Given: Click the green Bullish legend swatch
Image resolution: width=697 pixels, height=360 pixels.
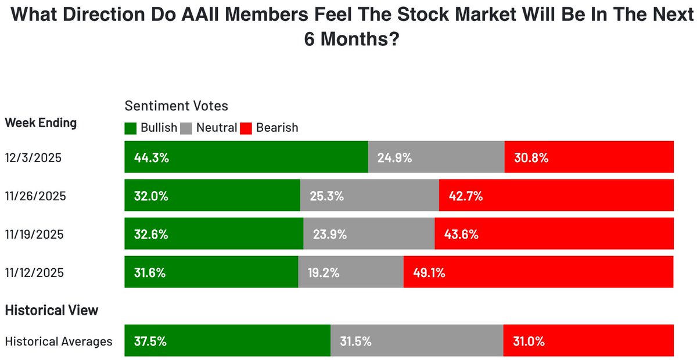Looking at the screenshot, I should [131, 128].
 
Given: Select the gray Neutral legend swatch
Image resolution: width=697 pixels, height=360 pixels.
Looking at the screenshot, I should [187, 128].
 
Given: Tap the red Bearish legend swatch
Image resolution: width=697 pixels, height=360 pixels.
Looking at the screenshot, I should [246, 128].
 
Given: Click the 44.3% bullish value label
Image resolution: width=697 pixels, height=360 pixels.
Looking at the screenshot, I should [151, 157].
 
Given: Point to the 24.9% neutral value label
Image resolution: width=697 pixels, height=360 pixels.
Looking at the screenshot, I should [394, 157].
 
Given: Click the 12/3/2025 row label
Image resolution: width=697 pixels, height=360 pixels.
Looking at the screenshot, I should [33, 157].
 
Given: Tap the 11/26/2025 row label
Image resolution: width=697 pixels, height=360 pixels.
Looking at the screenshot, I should [35, 196].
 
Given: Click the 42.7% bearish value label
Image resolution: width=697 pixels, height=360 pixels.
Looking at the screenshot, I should [465, 196].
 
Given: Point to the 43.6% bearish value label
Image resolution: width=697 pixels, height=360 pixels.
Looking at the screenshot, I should [461, 235].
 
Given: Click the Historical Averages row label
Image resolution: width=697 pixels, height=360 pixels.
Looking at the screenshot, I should [59, 341].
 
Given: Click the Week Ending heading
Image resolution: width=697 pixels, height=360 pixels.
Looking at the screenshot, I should [41, 123].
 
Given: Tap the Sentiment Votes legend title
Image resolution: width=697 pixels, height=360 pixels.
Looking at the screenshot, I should [177, 106].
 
